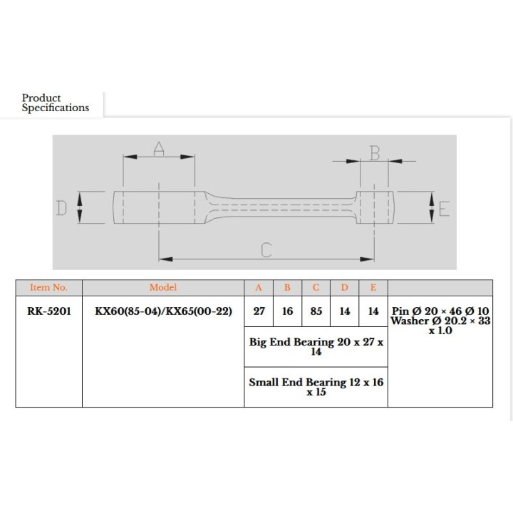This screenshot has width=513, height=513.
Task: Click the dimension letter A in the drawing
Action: click(x=159, y=148)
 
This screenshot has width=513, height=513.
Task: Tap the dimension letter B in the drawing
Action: click(x=375, y=152)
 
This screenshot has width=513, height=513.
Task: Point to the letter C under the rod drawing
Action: click(x=266, y=250)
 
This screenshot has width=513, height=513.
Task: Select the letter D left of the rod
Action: click(x=61, y=208)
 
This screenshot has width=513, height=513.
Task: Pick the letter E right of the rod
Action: click(x=444, y=209)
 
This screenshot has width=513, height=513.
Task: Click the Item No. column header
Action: click(x=48, y=288)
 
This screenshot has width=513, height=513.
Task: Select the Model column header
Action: click(x=163, y=288)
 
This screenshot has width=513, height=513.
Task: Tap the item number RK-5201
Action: click(x=49, y=311)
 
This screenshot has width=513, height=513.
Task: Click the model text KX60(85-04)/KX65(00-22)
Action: click(x=163, y=311)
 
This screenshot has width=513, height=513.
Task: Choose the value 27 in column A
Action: click(x=259, y=311)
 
